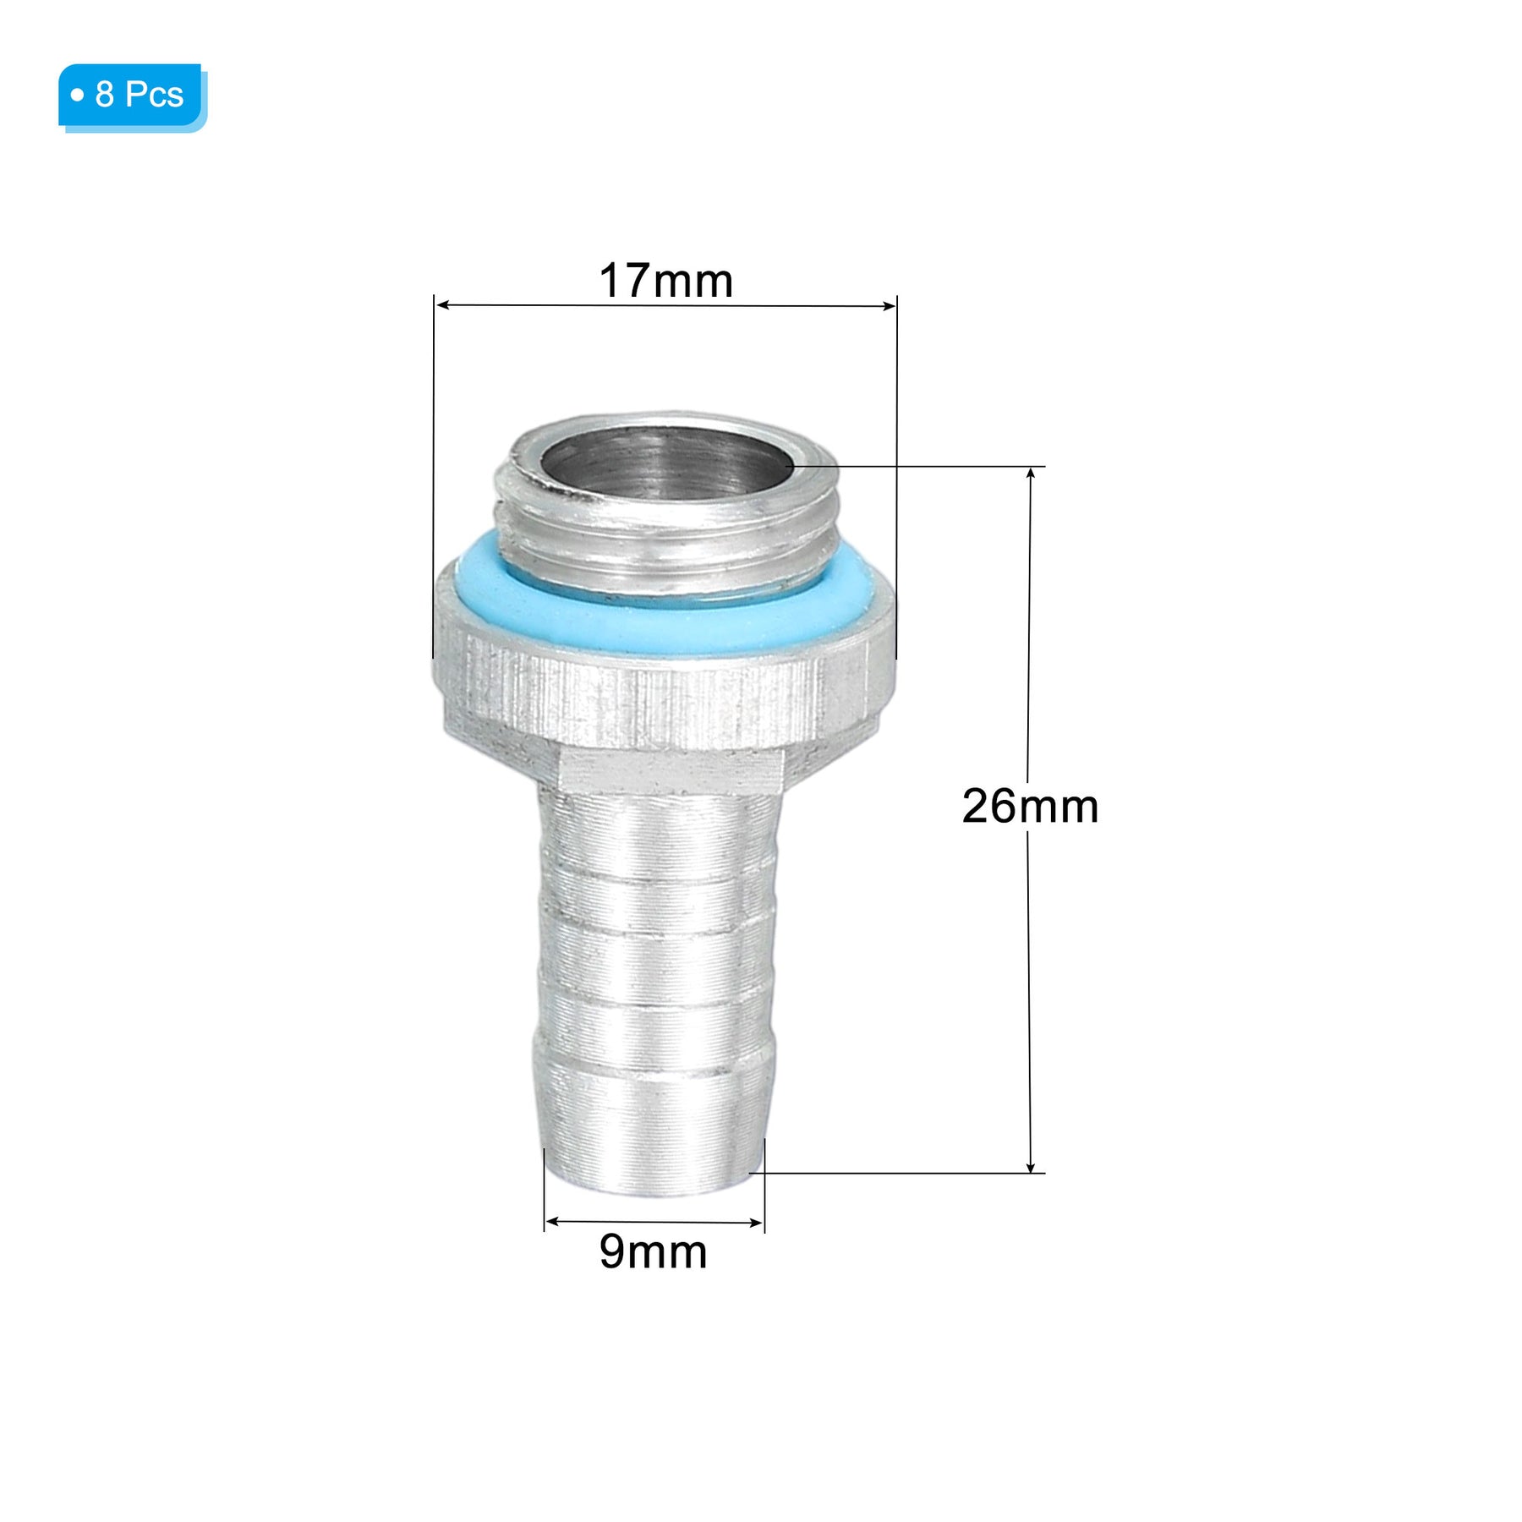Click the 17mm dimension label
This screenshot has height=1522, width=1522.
[665, 281]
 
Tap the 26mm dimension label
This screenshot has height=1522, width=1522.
[1030, 806]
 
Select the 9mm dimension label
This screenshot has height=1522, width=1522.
[653, 1251]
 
